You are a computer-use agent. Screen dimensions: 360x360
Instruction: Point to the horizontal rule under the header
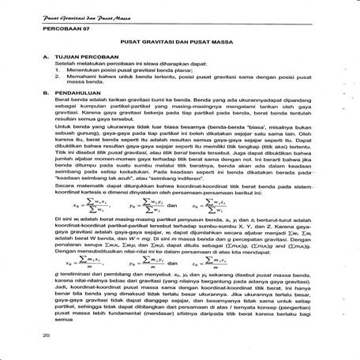tap(180, 17)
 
